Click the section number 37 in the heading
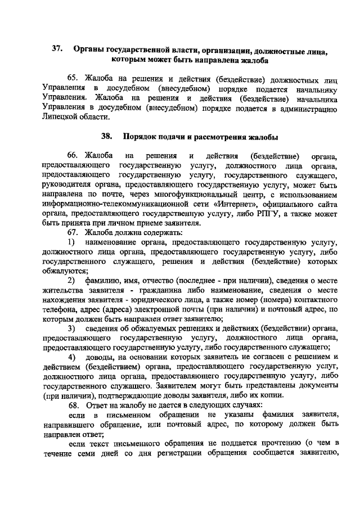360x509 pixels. click(x=56, y=49)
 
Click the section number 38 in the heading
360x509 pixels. click(x=107, y=137)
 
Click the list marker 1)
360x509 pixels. click(x=73, y=242)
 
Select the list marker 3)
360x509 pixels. click(x=73, y=328)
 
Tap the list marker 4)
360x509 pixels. click(x=73, y=357)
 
